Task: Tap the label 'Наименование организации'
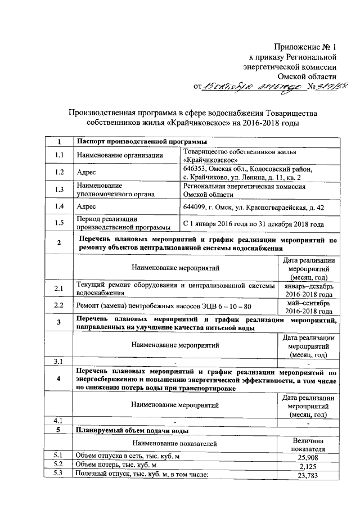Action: point(120,155)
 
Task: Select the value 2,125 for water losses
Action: point(309,467)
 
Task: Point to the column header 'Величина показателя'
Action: point(309,444)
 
